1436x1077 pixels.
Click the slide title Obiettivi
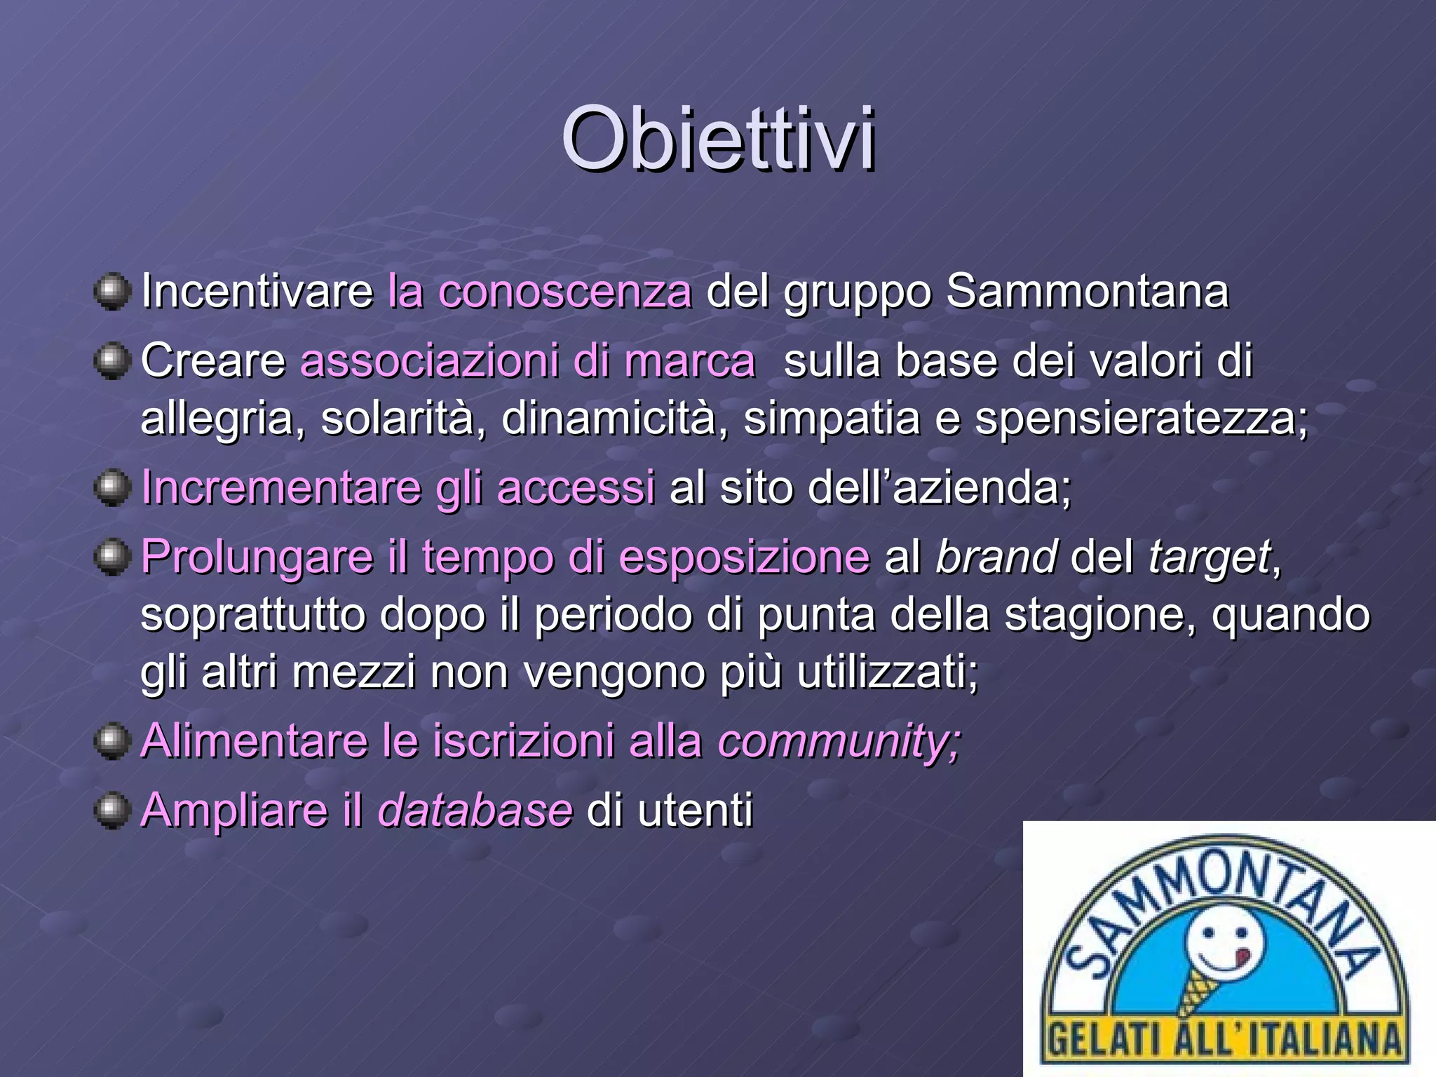coord(718,138)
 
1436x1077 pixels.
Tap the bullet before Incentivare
coord(112,291)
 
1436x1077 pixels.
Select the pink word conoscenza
coord(564,291)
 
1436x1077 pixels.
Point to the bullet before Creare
coord(112,360)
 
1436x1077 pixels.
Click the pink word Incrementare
coord(280,487)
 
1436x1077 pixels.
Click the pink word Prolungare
coord(257,557)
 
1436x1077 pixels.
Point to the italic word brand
coord(996,557)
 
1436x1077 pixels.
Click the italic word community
coord(837,740)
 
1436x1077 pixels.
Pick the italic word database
coord(475,810)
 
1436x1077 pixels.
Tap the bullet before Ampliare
coord(112,810)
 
